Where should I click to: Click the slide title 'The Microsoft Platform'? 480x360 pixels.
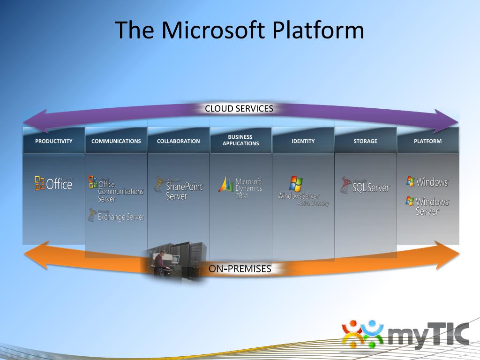pyautogui.click(x=240, y=30)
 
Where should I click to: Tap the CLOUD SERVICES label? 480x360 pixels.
pyautogui.click(x=239, y=109)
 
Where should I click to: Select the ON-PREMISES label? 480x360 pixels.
pyautogui.click(x=240, y=269)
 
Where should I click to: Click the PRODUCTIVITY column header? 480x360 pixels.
pyautogui.click(x=54, y=141)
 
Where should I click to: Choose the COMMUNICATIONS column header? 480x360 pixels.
pyautogui.click(x=116, y=141)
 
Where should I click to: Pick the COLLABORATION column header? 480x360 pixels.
pyautogui.click(x=178, y=141)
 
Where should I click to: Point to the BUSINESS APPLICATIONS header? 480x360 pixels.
pyautogui.click(x=240, y=140)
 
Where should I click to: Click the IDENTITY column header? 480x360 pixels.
pyautogui.click(x=303, y=141)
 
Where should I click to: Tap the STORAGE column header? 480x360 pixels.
pyautogui.click(x=365, y=141)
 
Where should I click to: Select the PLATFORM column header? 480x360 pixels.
pyautogui.click(x=427, y=141)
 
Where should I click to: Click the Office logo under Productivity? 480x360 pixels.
pyautogui.click(x=53, y=184)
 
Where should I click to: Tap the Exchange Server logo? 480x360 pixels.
pyautogui.click(x=116, y=216)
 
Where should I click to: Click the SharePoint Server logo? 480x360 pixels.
pyautogui.click(x=178, y=188)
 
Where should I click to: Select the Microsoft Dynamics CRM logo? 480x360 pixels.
pyautogui.click(x=240, y=187)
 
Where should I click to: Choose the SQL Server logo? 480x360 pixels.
pyautogui.click(x=365, y=186)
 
